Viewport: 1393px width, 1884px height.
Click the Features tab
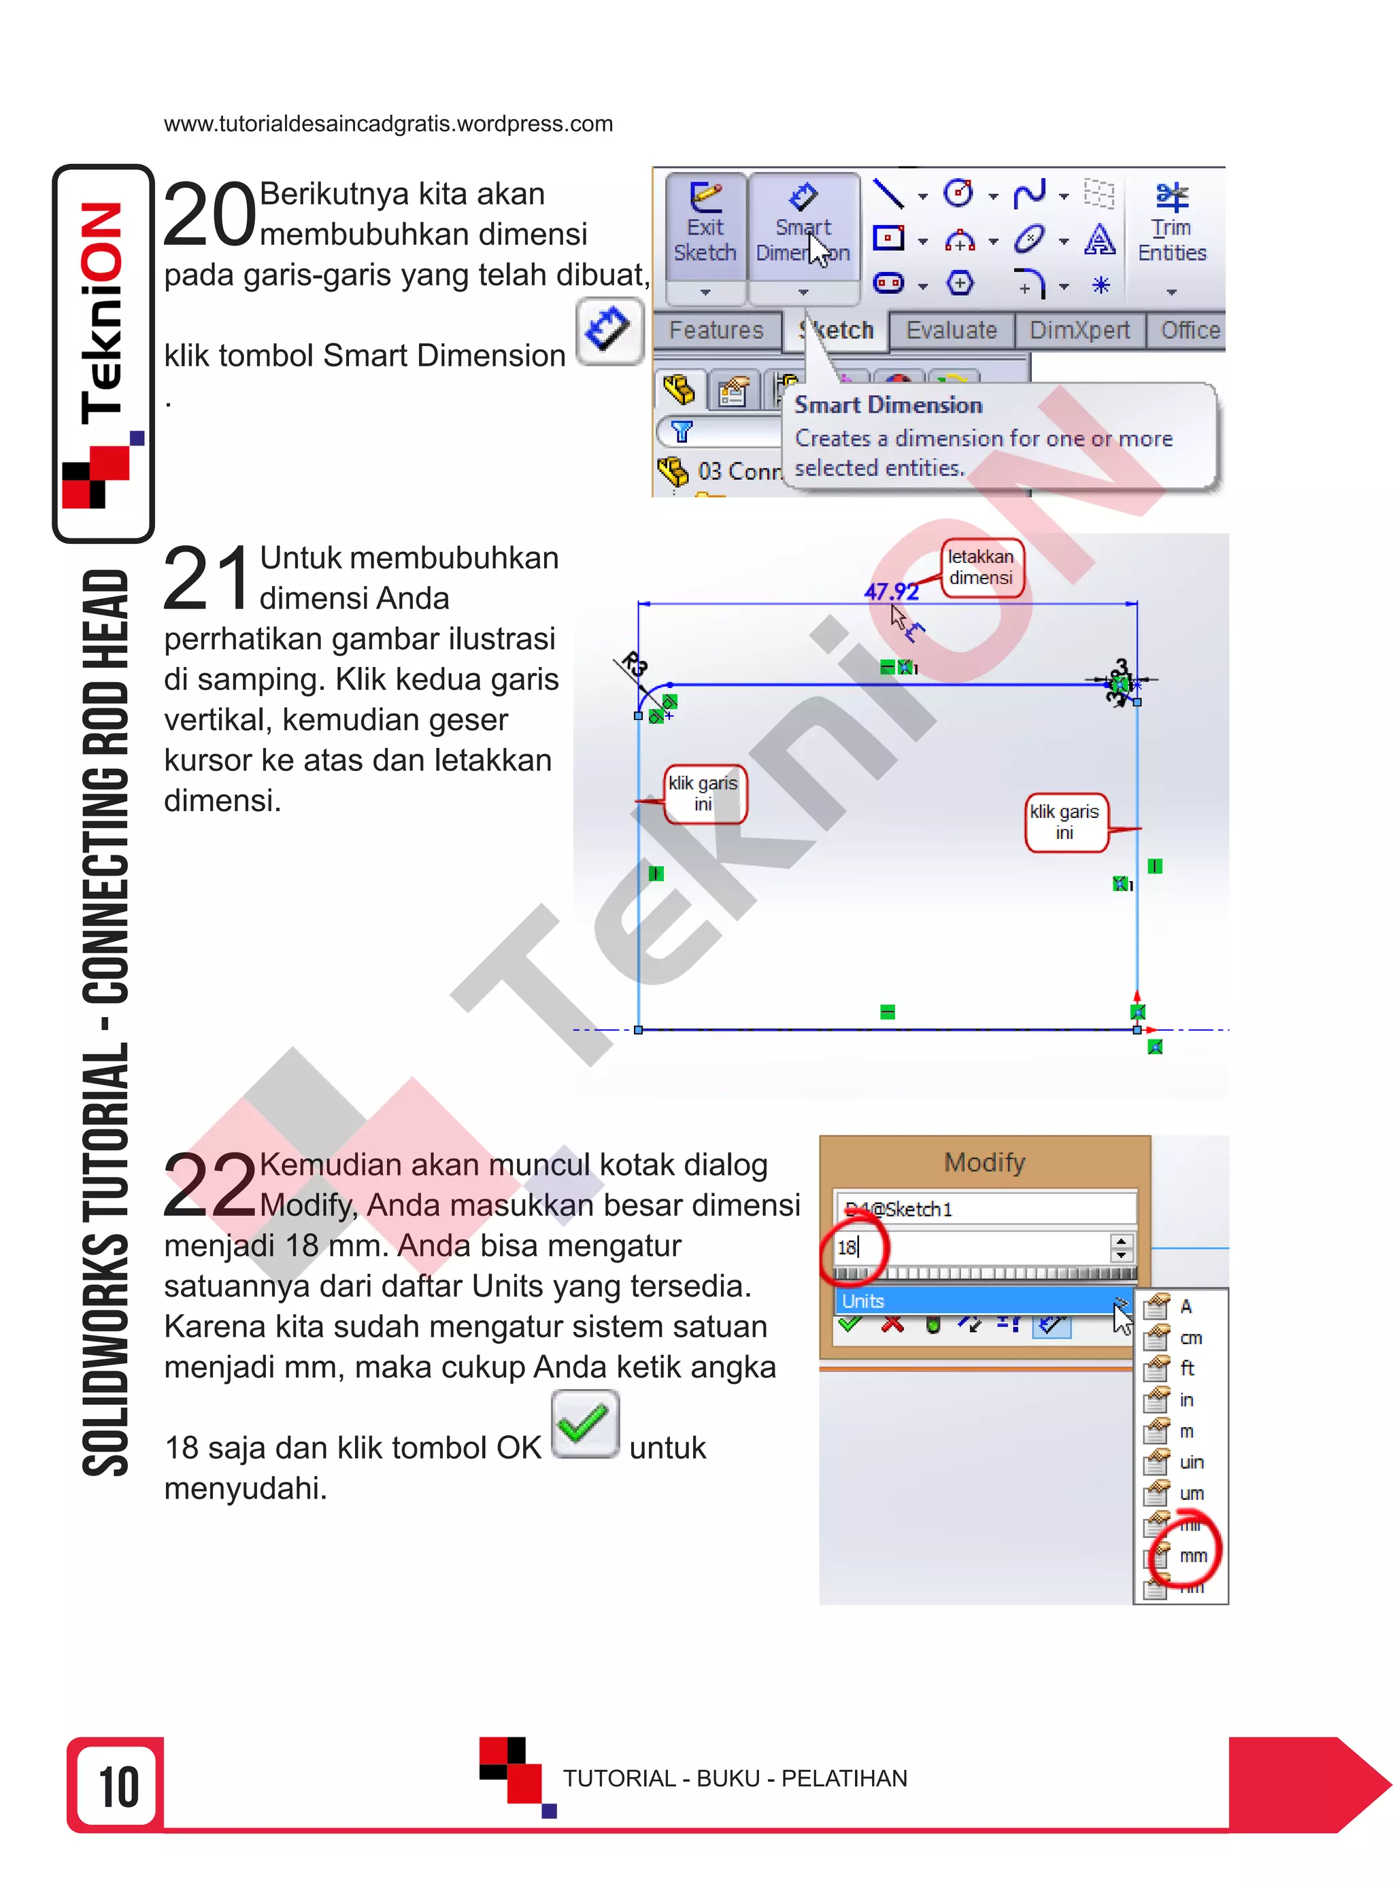(x=716, y=330)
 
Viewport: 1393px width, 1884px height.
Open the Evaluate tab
(x=951, y=330)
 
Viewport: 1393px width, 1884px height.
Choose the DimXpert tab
(x=1079, y=330)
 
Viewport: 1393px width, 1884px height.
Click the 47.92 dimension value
(x=890, y=592)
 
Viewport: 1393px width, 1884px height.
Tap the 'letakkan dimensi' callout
(x=981, y=567)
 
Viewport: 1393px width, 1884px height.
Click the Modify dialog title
(x=984, y=1163)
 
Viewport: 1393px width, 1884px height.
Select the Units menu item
(x=863, y=1301)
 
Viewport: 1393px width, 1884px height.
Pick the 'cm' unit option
(x=1190, y=1338)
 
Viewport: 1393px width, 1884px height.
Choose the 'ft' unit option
(x=1188, y=1368)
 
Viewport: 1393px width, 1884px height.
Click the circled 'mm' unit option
(x=1192, y=1555)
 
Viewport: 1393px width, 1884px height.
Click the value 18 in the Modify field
(x=847, y=1248)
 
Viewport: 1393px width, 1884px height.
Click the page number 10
(x=118, y=1787)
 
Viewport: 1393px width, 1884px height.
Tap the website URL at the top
(x=388, y=124)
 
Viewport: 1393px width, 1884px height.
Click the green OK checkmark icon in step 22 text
(x=584, y=1424)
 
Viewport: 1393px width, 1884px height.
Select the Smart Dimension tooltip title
(x=888, y=405)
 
